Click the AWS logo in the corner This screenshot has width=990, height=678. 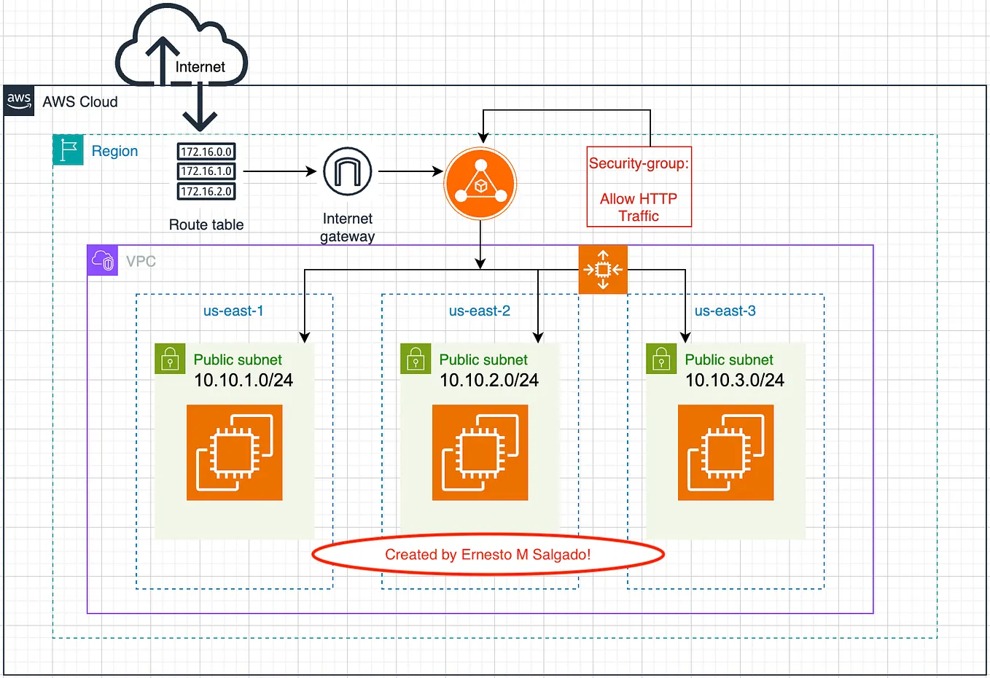[x=19, y=101]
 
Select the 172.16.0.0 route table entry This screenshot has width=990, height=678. [x=206, y=152]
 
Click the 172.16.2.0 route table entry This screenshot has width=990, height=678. [x=206, y=191]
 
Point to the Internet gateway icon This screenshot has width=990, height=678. [x=348, y=172]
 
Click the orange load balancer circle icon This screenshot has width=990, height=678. [x=480, y=184]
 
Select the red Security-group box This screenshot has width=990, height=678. [x=639, y=187]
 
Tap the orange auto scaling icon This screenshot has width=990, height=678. [x=603, y=270]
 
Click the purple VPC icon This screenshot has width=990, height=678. [x=102, y=260]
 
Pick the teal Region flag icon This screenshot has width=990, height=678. [x=68, y=150]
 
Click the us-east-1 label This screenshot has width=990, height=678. [x=233, y=311]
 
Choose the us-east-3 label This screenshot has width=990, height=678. [x=725, y=311]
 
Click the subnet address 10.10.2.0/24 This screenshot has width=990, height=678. [x=488, y=380]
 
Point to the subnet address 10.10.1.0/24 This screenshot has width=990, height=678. [x=243, y=380]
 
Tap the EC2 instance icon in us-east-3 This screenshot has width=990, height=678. [x=725, y=453]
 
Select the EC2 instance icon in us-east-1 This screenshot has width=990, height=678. [x=234, y=453]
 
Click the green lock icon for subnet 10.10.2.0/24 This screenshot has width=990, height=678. [x=416, y=359]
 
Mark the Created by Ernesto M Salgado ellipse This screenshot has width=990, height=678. [x=488, y=555]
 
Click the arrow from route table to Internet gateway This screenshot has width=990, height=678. [x=278, y=172]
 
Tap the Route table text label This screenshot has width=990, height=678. [x=206, y=225]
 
